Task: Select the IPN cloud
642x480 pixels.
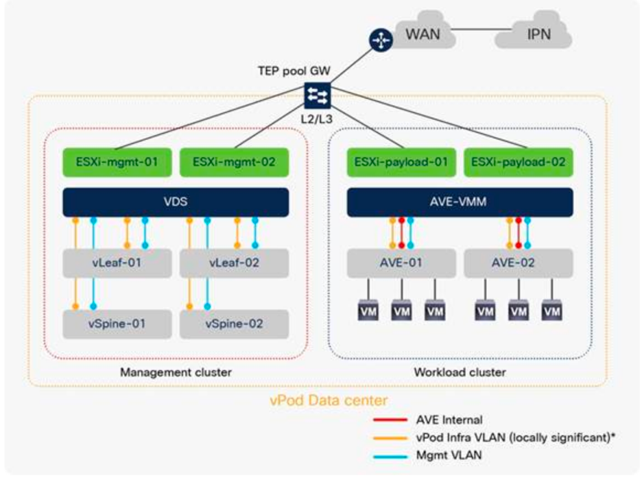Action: coord(538,34)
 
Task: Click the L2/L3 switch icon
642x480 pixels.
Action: coord(317,95)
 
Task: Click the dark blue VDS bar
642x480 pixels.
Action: coord(175,203)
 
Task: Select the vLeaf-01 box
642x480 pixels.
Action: coord(117,262)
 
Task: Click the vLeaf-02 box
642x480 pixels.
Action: coord(234,262)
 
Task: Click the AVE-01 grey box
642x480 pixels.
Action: coord(401,262)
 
